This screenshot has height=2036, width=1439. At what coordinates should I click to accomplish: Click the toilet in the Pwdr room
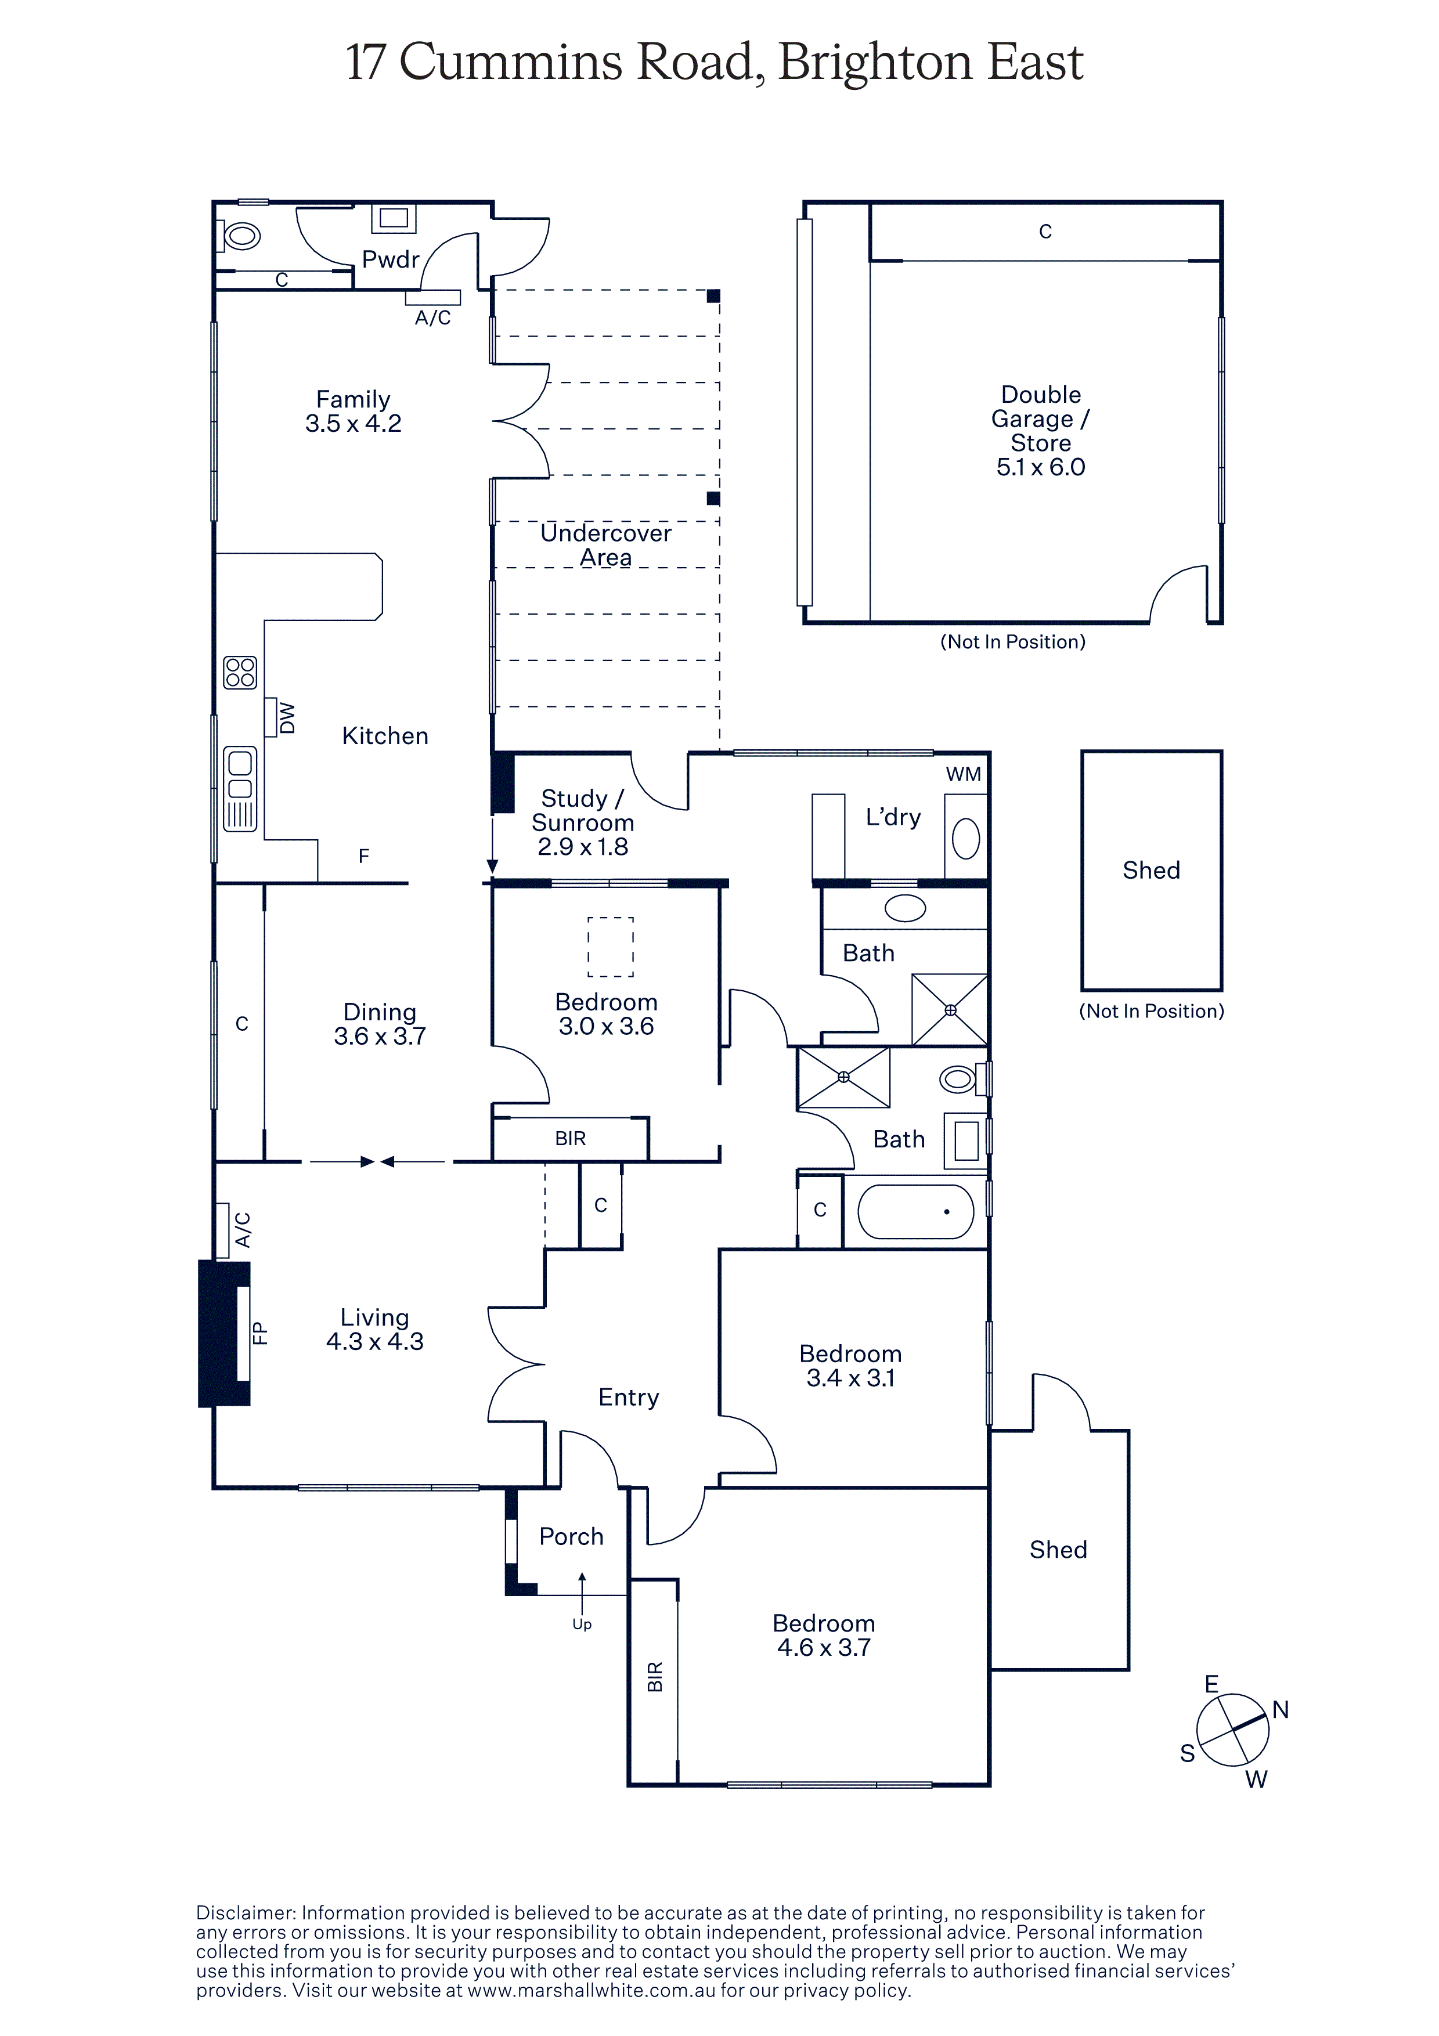coord(240,236)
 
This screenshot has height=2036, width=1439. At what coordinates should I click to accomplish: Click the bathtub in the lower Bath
coord(916,1211)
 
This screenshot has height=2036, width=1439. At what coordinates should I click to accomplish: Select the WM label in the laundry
coord(964,774)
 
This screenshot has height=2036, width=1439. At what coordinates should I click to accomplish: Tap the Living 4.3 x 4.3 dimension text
coord(375,1342)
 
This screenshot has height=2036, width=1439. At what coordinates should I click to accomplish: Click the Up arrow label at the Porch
coord(582,1625)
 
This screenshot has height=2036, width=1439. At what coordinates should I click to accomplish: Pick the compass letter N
coord(1281,1710)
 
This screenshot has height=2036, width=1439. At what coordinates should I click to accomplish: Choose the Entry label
coord(629,1398)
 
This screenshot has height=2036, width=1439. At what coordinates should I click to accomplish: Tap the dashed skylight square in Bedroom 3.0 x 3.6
coord(611,947)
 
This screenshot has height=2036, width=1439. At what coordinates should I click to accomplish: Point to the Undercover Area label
coord(607,546)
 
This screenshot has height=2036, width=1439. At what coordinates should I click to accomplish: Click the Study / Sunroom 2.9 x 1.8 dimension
coord(583,847)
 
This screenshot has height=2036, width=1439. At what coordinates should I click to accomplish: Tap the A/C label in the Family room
coord(432,317)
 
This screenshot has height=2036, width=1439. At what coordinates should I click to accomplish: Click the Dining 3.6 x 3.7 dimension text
coord(380,1036)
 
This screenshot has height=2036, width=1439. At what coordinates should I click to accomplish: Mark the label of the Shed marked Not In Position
coord(1151,870)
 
